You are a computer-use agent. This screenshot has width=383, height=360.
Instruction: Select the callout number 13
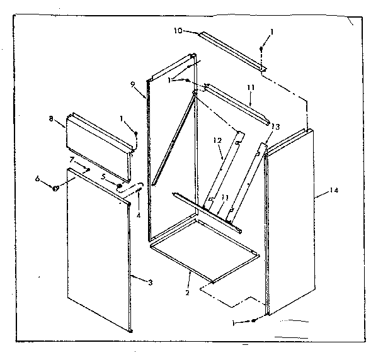click(275, 126)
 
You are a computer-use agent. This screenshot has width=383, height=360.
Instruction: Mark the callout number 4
click(138, 215)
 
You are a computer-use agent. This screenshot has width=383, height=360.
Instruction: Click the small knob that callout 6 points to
click(56, 187)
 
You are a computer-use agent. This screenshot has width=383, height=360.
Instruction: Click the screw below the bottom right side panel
click(253, 322)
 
